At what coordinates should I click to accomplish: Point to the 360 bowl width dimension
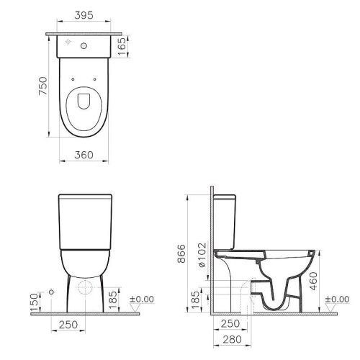coord(85,153)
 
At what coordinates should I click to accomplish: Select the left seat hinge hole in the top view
coord(74,77)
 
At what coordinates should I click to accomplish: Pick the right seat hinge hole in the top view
coord(95,77)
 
